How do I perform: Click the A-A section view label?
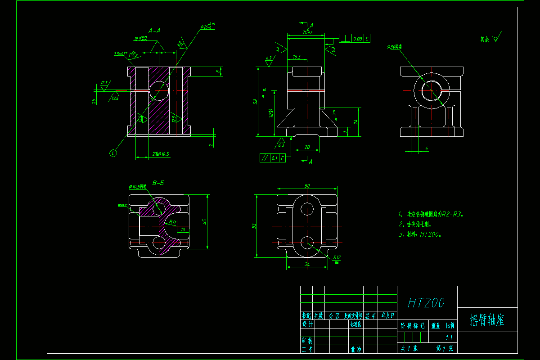tap(155, 31)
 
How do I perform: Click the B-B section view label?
tap(158, 183)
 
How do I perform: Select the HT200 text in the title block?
tap(426, 303)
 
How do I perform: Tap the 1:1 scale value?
tap(449, 337)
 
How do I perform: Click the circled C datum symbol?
tap(113, 153)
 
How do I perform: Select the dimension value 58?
tap(255, 102)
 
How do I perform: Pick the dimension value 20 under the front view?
tap(307, 147)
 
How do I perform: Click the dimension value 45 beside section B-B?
tap(205, 221)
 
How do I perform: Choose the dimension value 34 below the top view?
tap(307, 264)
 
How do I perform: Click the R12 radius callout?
tap(337, 258)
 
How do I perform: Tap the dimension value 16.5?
tap(296, 57)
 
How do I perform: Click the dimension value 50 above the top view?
tap(307, 185)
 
